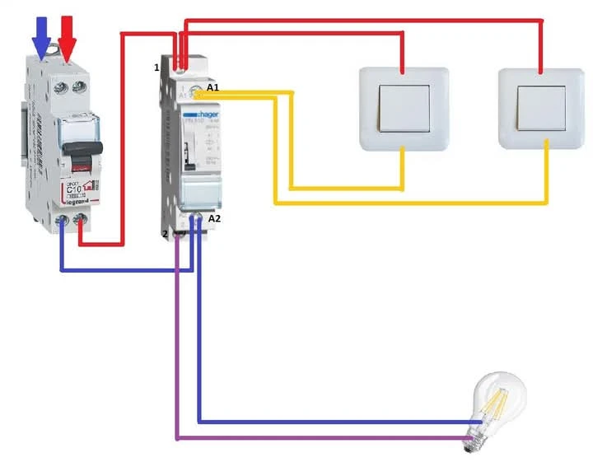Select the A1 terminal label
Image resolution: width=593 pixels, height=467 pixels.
pos(213,87)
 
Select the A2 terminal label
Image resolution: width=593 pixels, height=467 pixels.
pos(215,219)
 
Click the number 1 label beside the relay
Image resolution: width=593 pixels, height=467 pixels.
pos(156,67)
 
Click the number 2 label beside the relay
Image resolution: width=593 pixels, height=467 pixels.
pos(165,234)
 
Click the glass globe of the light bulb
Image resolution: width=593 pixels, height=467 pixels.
pos(498,395)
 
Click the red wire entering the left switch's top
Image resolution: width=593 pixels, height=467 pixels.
pos(403,51)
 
